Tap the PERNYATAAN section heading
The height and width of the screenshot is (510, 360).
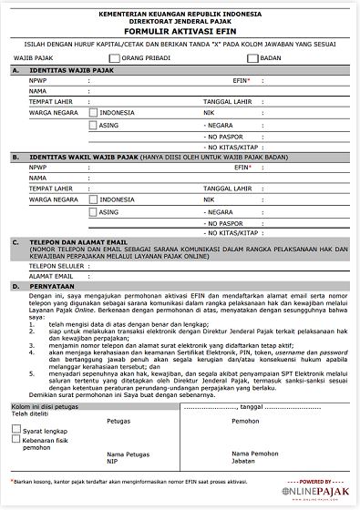(55, 286)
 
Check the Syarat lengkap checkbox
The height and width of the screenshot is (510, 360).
(16, 430)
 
